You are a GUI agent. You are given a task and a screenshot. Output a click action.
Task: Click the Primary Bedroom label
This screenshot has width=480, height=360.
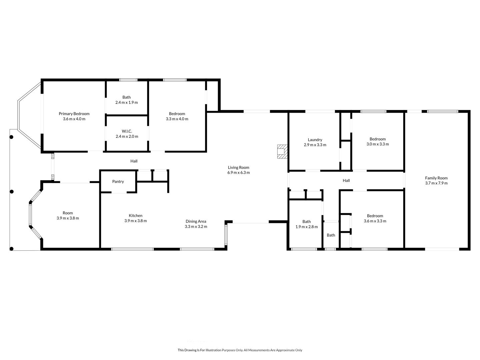(74, 114)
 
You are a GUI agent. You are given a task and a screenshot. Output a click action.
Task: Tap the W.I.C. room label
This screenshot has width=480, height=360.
(127, 131)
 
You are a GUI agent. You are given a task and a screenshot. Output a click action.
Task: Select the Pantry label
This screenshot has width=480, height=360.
(118, 181)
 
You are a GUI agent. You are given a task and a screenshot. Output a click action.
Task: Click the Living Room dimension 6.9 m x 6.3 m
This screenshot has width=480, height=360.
(238, 172)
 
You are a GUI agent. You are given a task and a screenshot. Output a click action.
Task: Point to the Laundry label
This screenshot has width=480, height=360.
(315, 140)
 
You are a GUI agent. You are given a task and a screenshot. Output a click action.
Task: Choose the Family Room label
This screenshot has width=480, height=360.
(436, 178)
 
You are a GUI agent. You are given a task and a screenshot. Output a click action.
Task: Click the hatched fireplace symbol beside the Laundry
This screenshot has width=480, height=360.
(282, 151)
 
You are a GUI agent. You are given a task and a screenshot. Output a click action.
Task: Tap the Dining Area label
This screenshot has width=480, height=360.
(196, 221)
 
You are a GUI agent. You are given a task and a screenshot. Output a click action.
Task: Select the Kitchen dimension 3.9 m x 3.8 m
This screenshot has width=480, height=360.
(136, 221)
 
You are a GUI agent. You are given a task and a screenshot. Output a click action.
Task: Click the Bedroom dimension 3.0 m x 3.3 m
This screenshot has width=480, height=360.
(378, 144)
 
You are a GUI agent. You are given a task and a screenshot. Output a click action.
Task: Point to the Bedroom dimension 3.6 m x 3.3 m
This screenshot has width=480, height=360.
(375, 221)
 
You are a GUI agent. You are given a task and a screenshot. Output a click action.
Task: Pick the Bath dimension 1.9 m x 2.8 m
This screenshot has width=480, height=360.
(307, 227)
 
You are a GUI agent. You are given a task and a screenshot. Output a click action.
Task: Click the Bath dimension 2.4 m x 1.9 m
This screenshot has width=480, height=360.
(127, 102)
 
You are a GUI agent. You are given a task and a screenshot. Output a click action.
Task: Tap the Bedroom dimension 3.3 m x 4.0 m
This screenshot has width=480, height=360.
(177, 119)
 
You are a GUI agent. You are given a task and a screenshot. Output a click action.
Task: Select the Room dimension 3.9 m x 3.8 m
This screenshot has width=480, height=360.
(68, 218)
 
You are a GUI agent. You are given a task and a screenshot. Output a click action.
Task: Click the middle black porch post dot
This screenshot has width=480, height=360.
(12, 192)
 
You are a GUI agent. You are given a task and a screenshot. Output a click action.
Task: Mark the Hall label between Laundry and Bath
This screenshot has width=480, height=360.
(346, 181)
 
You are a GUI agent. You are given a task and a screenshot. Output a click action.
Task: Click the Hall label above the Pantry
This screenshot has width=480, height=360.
(134, 161)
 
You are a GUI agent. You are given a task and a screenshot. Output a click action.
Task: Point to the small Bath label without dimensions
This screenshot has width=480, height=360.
(331, 235)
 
